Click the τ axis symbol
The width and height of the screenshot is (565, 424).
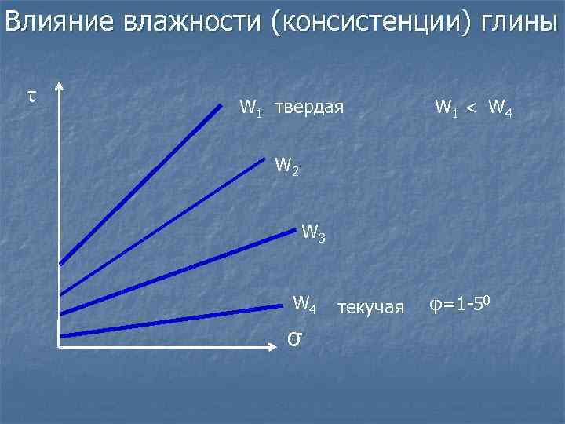[31, 96]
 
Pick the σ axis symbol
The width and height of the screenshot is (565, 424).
[293, 338]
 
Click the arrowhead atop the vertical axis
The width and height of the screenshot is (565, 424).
[60, 87]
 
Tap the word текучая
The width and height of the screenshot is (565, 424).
[370, 306]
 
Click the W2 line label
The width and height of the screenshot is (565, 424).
[287, 166]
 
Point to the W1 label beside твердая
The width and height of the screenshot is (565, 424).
[251, 106]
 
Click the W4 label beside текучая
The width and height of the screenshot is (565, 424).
[304, 303]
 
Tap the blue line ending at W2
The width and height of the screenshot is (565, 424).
[162, 223]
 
